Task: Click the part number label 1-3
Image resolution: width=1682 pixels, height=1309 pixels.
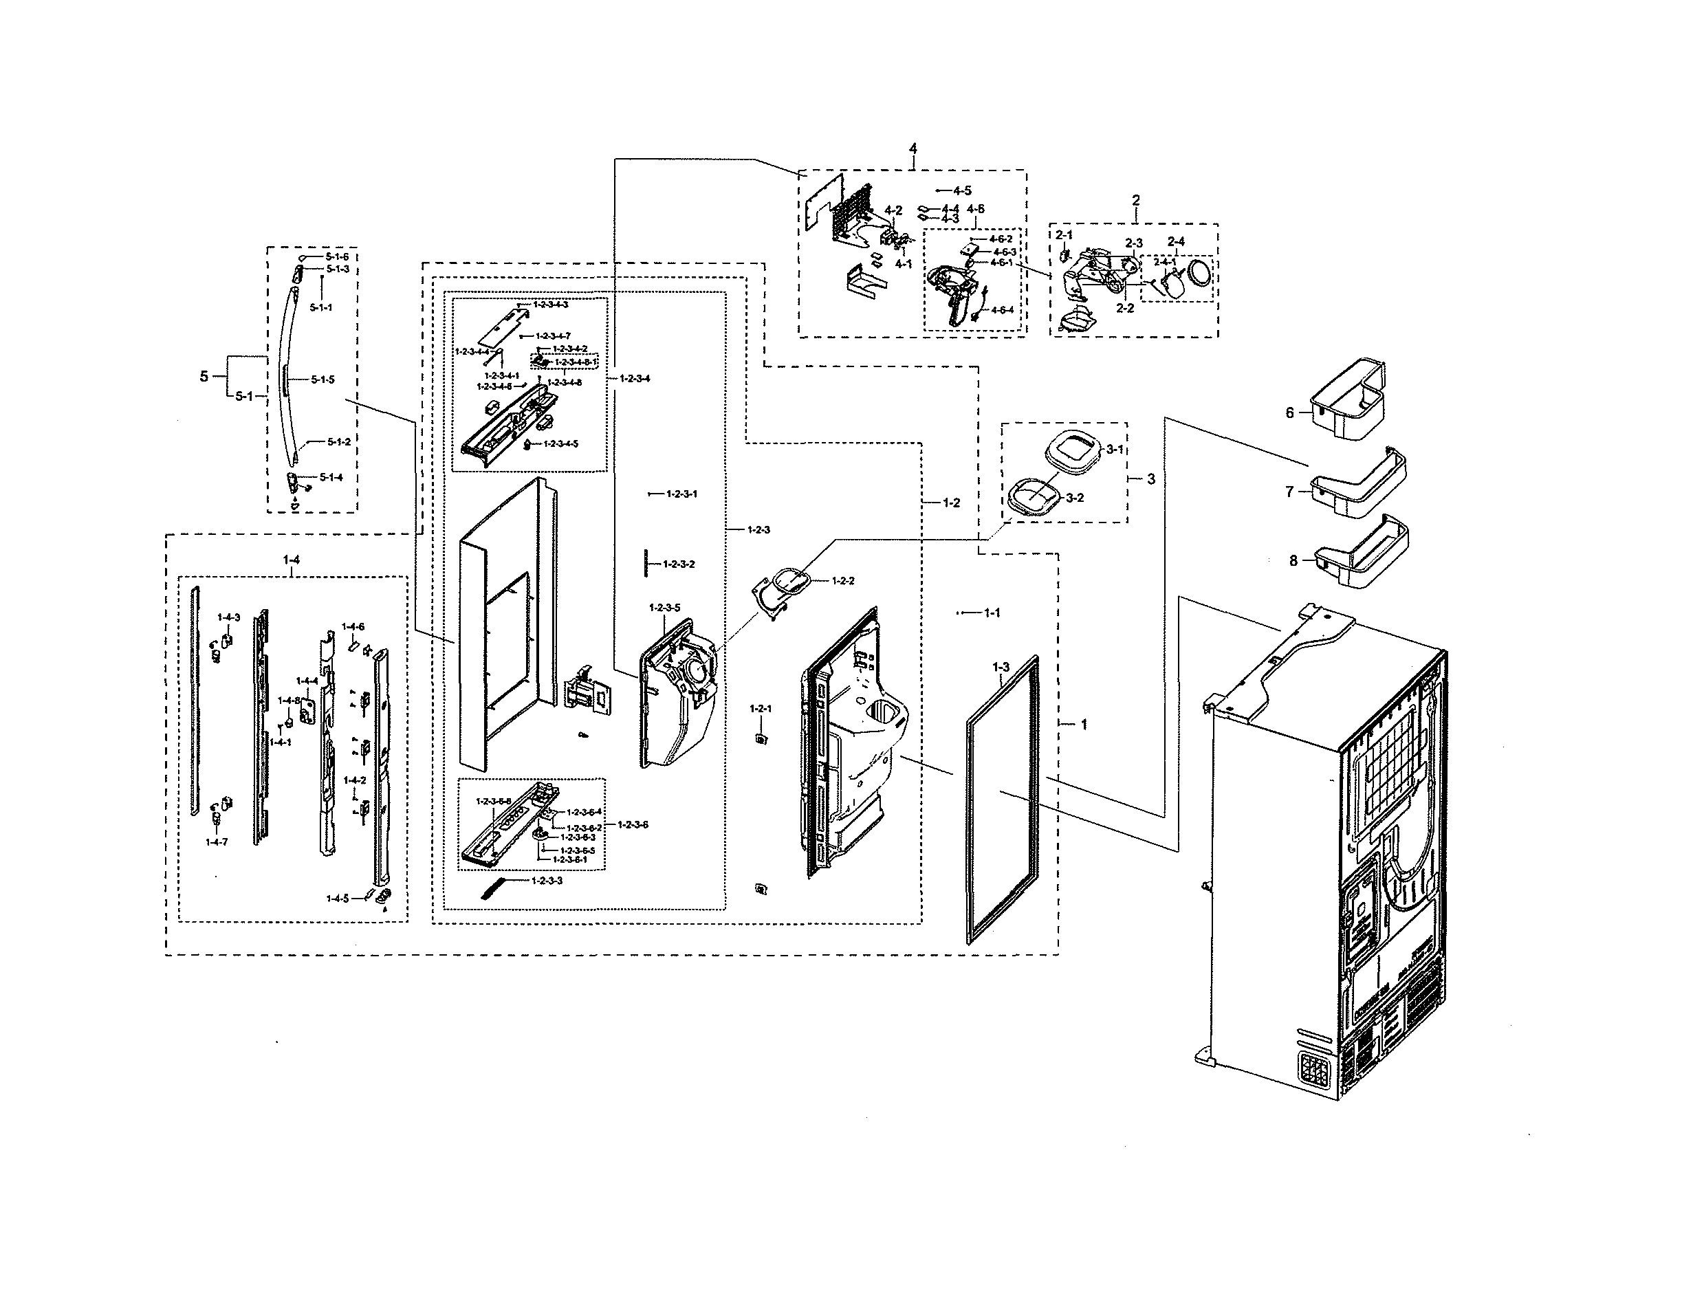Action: coord(1001,667)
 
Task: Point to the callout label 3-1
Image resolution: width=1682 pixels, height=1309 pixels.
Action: coord(1115,449)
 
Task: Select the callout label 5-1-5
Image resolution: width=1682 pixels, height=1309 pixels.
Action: coord(323,379)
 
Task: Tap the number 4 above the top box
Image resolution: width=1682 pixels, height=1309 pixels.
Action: coord(913,148)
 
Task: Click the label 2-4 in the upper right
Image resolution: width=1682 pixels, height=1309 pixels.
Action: coord(1176,242)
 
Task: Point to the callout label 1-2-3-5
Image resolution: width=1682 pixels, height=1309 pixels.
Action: coord(665,608)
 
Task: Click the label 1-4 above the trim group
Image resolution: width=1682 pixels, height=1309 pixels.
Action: coord(291,560)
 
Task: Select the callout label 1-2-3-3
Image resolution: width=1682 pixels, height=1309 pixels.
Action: coord(547,880)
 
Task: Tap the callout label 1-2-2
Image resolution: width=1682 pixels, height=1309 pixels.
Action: coord(843,580)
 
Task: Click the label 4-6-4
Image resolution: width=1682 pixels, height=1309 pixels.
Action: coord(1003,310)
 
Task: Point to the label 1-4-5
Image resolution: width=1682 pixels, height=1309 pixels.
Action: coord(338,898)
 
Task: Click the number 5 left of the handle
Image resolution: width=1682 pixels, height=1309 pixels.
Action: coord(204,377)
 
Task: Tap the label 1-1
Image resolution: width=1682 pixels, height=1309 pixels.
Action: coord(992,613)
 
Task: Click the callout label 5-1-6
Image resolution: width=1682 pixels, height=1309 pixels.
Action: coord(336,256)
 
